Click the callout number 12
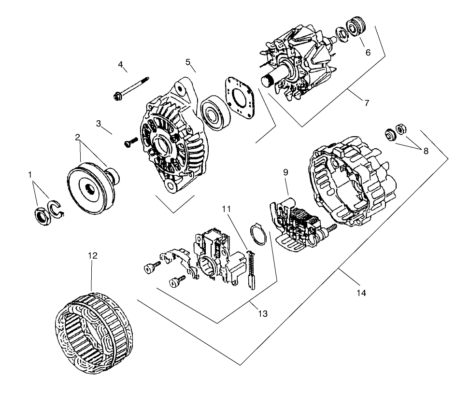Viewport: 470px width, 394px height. pyautogui.click(x=93, y=255)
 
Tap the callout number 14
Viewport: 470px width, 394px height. pyautogui.click(x=361, y=293)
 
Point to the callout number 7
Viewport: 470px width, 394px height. pyautogui.click(x=367, y=103)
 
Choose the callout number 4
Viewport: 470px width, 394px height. pyautogui.click(x=121, y=64)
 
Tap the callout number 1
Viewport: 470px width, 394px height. pyautogui.click(x=31, y=173)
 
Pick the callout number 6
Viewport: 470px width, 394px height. pyautogui.click(x=368, y=52)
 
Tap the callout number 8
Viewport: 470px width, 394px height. pyautogui.click(x=426, y=151)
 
